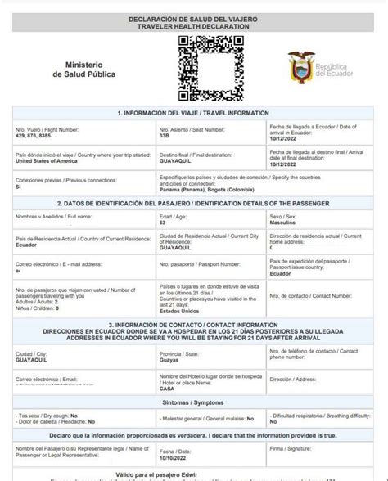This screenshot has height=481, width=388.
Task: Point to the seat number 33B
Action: (x=164, y=136)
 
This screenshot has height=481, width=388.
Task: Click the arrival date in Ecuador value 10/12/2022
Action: (x=284, y=139)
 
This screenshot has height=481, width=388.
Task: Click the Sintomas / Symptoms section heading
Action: (x=194, y=404)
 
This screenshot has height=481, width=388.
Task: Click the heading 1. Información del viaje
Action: (x=193, y=112)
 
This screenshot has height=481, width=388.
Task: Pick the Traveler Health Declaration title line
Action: (x=194, y=27)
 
